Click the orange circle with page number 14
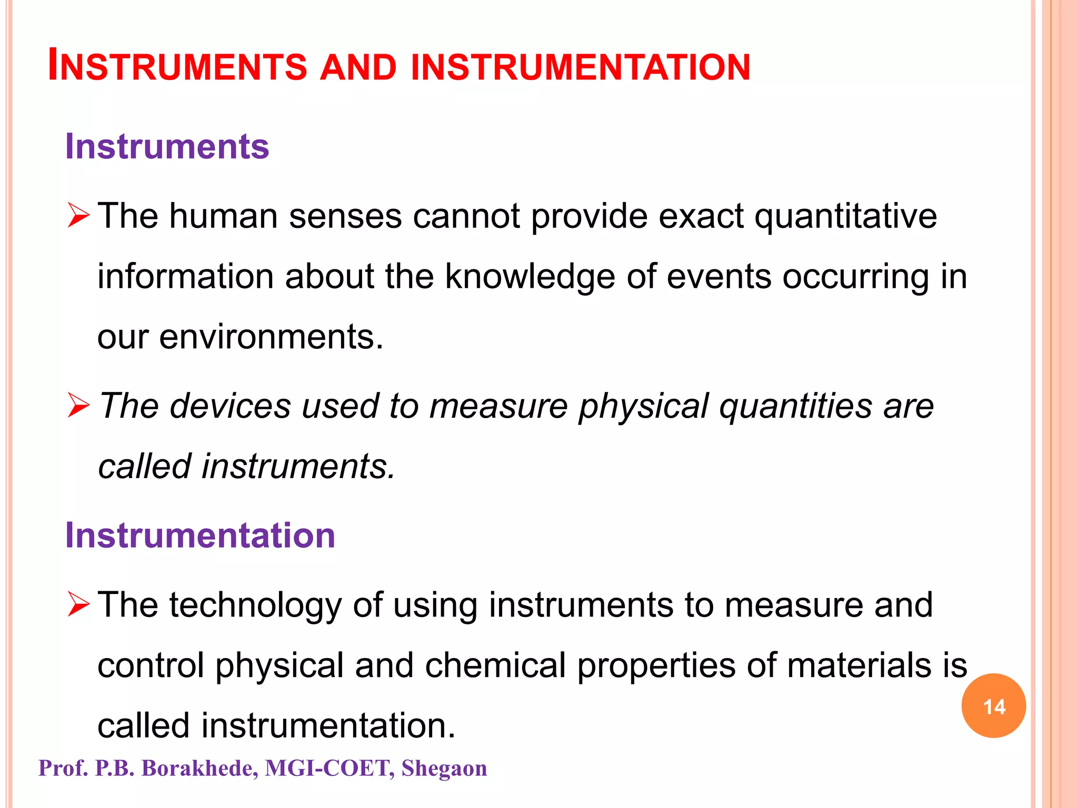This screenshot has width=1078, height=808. coord(993,706)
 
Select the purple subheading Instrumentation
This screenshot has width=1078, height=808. coord(200,536)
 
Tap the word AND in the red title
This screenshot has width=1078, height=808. coord(358,67)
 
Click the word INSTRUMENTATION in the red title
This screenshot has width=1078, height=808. coord(580,67)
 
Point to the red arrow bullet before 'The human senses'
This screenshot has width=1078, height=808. coord(79,216)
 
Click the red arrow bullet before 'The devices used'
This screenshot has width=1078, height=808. coord(79,406)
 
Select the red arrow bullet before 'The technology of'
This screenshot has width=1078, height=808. coord(79,604)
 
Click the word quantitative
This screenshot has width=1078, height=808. coord(846,217)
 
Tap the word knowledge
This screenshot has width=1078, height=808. coord(530,277)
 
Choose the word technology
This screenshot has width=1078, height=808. coord(255,605)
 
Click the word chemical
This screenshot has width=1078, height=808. coord(495,665)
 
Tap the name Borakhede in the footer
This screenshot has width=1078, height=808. coord(200,769)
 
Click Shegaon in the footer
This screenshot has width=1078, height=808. coord(444,769)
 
